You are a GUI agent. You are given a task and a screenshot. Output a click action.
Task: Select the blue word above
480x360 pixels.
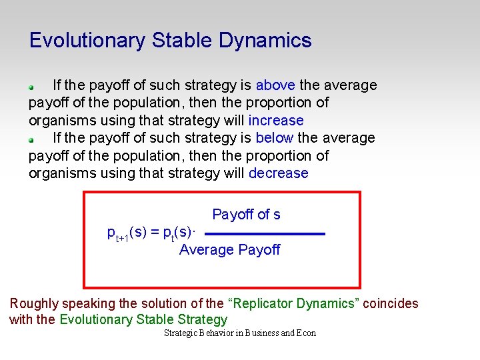point(276,85)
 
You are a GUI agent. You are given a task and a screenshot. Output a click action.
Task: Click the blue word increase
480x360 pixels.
point(276,121)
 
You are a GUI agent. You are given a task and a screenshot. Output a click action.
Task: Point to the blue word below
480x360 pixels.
point(275,138)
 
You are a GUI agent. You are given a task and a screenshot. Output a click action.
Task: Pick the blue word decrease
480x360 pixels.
point(279,173)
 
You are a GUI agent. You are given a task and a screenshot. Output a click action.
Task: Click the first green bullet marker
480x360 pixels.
point(31,87)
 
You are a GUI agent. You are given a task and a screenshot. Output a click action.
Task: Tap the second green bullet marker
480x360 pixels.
point(31,140)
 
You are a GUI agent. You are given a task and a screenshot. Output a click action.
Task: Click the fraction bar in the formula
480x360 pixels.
point(264,234)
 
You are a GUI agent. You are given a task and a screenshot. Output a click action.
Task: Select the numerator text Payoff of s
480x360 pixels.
point(246,215)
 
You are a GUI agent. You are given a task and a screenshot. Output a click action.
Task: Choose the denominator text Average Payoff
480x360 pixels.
point(229,250)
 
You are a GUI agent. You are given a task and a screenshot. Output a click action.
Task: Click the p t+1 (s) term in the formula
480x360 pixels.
point(127,233)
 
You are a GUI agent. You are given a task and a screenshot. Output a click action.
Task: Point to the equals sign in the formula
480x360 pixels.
point(155,232)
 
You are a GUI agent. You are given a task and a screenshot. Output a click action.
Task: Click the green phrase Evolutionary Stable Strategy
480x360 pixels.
point(143,320)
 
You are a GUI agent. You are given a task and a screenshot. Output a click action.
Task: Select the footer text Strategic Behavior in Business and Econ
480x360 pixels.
point(239,333)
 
